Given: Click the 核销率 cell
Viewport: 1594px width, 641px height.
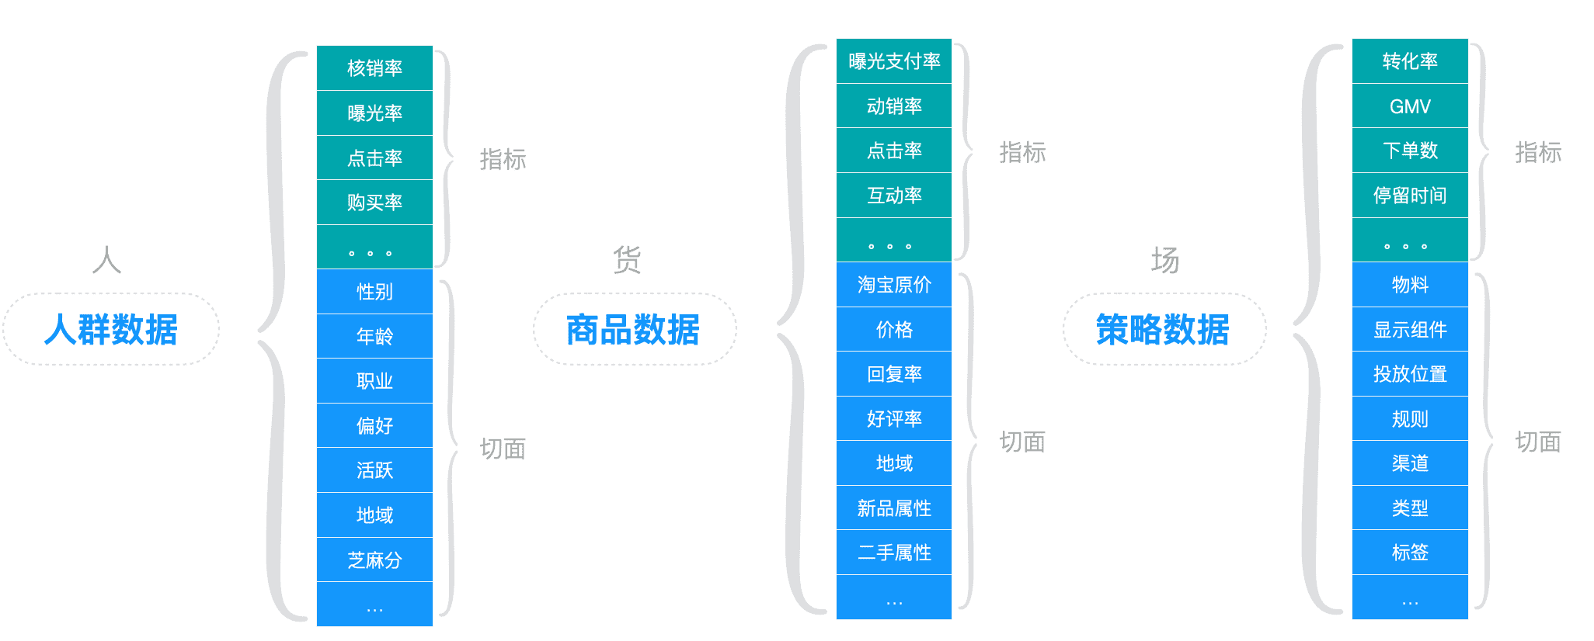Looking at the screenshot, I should tap(374, 68).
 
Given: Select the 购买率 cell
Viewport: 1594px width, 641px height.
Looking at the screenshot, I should tap(374, 203).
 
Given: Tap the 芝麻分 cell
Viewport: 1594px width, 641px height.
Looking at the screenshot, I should tap(374, 560).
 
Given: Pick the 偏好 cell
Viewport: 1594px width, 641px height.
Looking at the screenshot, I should tap(374, 425).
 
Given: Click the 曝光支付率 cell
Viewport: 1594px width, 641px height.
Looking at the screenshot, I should tap(894, 61).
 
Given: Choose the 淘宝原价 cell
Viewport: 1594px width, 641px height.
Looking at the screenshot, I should tap(894, 285).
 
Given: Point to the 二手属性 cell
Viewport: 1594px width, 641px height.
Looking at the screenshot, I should tap(894, 553).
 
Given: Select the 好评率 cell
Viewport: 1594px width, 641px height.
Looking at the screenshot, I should tap(894, 419).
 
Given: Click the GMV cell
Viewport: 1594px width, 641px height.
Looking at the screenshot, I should tap(1410, 106).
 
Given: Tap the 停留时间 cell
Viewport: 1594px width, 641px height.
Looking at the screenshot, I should tap(1410, 196).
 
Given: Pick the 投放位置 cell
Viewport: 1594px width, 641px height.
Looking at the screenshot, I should tap(1410, 374).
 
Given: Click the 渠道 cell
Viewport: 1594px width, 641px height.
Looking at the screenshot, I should tap(1410, 463).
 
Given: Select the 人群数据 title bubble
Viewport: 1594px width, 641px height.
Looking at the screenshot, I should tap(111, 329).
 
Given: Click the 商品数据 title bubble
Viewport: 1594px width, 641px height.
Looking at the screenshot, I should tap(634, 329).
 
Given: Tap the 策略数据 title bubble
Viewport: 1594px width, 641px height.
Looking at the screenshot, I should tap(1164, 329).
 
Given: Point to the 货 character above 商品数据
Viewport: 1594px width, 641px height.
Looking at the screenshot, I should tap(627, 260).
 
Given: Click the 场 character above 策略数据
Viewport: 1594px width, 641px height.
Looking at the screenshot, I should tap(1164, 260).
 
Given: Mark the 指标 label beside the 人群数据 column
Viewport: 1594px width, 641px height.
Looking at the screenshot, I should tap(503, 159).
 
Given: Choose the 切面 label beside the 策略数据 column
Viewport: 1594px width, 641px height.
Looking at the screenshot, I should tap(1538, 442).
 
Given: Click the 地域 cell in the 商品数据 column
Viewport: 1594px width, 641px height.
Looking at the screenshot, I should tap(894, 463).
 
